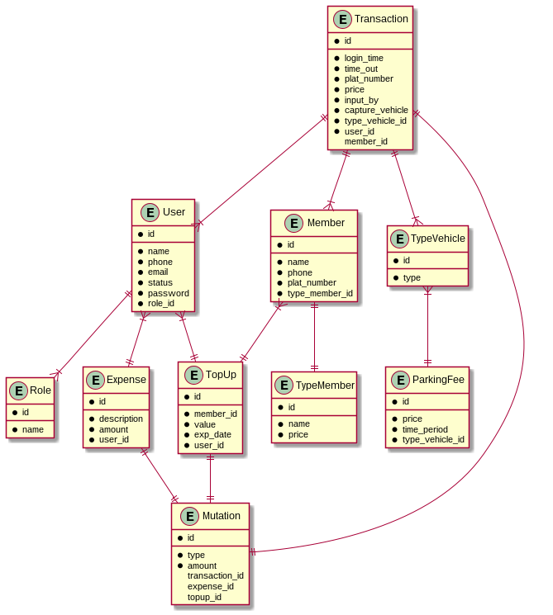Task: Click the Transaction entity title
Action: (381, 19)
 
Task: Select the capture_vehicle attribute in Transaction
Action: (376, 110)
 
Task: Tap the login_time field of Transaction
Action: (364, 59)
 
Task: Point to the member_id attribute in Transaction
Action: (366, 141)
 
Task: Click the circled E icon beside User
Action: (150, 212)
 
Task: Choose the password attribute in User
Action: (168, 293)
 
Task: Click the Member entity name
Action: (326, 223)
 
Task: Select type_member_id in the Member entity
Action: (320, 293)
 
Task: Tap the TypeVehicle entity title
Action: (437, 239)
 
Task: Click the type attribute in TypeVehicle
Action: (412, 277)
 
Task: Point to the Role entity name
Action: (40, 390)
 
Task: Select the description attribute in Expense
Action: (121, 419)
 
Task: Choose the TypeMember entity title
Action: (325, 385)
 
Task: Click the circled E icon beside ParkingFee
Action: (401, 380)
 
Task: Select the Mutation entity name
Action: (221, 516)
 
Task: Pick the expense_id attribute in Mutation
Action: (211, 586)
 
